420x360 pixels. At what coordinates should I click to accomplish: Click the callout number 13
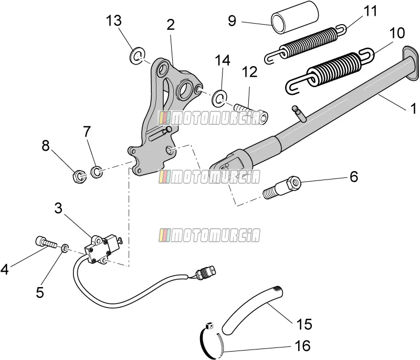[114, 21]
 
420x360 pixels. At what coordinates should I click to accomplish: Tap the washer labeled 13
[137, 56]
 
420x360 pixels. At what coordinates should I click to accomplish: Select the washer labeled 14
[219, 98]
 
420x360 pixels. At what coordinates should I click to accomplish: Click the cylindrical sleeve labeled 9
[295, 17]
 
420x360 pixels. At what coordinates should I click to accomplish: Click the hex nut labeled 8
[79, 176]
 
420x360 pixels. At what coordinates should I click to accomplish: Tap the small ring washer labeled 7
[97, 172]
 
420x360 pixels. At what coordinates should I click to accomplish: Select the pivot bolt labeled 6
[282, 187]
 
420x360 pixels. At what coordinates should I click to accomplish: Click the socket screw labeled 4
[46, 242]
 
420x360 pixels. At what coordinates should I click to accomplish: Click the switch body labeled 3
[100, 248]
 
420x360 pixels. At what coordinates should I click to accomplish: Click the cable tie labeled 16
[212, 341]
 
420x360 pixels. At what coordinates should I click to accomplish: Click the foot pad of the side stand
[411, 63]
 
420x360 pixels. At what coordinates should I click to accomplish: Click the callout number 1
[413, 109]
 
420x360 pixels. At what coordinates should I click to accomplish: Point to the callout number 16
[302, 345]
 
